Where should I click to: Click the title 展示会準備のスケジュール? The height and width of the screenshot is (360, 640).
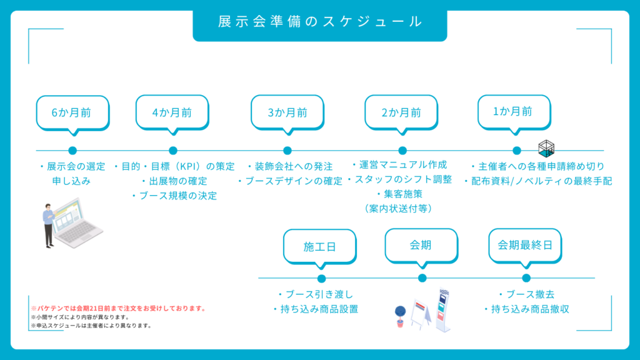pyautogui.click(x=320, y=22)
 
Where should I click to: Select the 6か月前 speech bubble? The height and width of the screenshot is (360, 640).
pyautogui.click(x=72, y=112)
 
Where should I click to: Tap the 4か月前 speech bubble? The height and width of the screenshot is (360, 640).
pyautogui.click(x=172, y=112)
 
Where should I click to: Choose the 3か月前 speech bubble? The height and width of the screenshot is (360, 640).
pyautogui.click(x=287, y=112)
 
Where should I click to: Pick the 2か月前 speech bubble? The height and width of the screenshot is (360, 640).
pyautogui.click(x=401, y=112)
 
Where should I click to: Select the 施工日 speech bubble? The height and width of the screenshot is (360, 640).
pyautogui.click(x=319, y=246)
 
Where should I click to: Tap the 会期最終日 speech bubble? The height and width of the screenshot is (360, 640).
pyautogui.click(x=525, y=245)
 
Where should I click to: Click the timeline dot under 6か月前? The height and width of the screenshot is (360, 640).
pyautogui.click(x=72, y=151)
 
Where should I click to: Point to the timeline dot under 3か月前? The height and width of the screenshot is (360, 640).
pyautogui.click(x=287, y=151)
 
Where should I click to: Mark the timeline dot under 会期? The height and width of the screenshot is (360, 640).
pyautogui.click(x=422, y=278)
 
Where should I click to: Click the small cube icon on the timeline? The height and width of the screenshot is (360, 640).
pyautogui.click(x=546, y=148)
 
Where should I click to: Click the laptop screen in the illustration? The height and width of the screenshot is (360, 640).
pyautogui.click(x=67, y=215)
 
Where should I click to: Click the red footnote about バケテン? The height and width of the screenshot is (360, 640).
pyautogui.click(x=118, y=309)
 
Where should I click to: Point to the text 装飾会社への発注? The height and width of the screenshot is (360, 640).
pyautogui.click(x=290, y=167)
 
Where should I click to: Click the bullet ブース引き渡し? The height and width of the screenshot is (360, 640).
pyautogui.click(x=315, y=294)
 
